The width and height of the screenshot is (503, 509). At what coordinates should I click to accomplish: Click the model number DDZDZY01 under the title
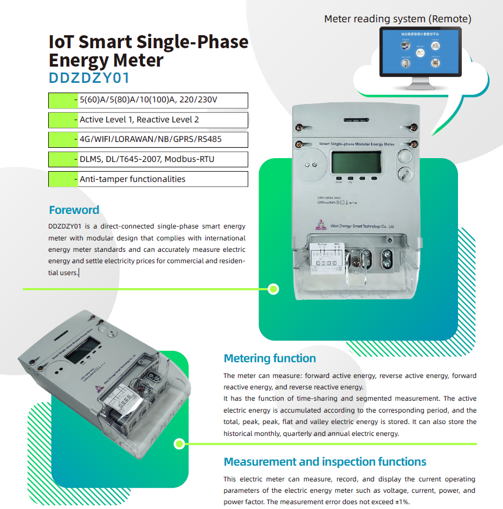tap(89, 78)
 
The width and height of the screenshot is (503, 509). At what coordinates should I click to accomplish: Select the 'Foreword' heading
tap(74, 210)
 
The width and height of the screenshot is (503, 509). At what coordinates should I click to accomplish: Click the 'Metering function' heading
tap(269, 358)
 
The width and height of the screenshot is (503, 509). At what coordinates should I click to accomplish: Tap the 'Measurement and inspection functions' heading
tap(325, 462)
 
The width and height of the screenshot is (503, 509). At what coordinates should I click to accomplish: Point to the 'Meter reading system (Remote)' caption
tap(397, 19)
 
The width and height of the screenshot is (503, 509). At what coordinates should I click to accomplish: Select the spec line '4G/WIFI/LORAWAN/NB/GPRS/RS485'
tap(150, 139)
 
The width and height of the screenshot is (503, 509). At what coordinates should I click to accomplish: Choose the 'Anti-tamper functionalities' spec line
tap(132, 179)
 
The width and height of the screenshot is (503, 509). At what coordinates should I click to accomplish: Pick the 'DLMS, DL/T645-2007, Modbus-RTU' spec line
tap(146, 159)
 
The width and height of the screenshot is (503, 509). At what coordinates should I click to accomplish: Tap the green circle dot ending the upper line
tap(274, 289)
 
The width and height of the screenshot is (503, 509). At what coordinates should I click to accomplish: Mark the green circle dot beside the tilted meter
tap(179, 444)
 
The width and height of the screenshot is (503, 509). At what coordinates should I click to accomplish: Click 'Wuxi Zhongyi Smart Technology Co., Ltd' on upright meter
tap(357, 226)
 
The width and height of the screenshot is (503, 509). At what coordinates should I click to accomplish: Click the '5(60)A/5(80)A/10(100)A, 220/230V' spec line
tap(148, 100)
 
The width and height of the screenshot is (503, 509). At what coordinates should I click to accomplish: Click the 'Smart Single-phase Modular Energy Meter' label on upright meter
tap(356, 145)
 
